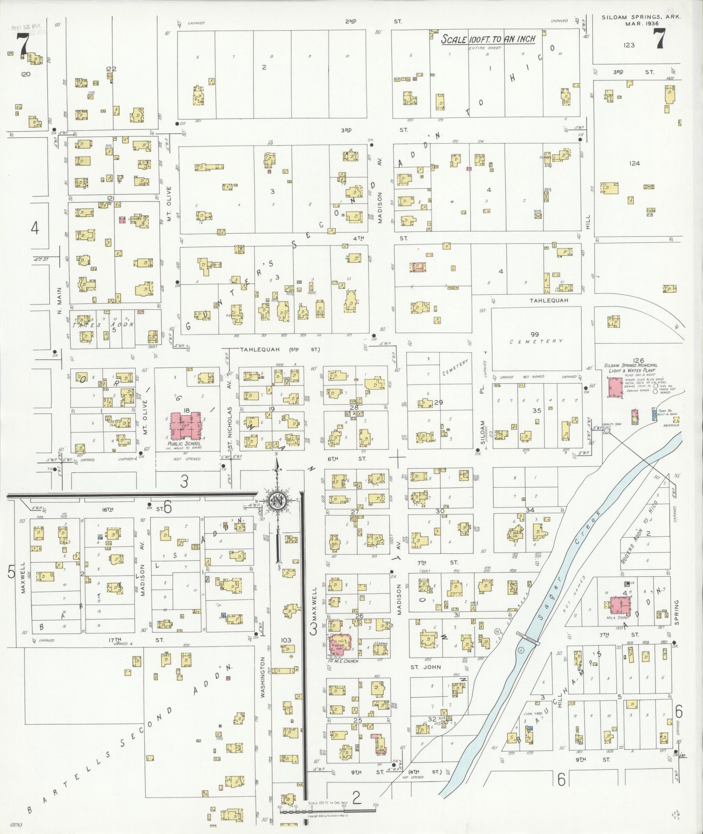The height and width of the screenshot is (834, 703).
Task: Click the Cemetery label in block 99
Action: point(536,341)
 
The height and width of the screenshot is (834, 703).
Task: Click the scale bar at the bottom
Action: point(327,810)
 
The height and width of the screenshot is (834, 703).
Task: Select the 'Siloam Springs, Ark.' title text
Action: point(641,17)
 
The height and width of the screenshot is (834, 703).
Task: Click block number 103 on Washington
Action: point(286,640)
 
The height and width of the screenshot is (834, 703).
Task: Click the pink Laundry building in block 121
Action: point(122,221)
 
